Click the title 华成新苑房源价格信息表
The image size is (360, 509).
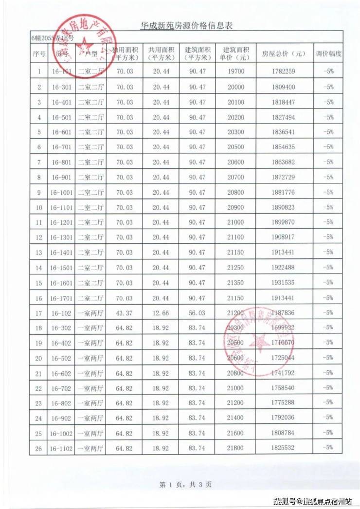[186, 26]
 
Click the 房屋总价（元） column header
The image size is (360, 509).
[284, 54]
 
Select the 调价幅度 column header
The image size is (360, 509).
[328, 54]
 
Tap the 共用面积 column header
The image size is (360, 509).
[161, 54]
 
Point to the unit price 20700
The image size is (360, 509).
[238, 177]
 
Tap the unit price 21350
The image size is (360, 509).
[238, 283]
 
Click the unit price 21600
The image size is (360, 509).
[238, 433]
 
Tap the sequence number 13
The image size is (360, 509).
[39, 253]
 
